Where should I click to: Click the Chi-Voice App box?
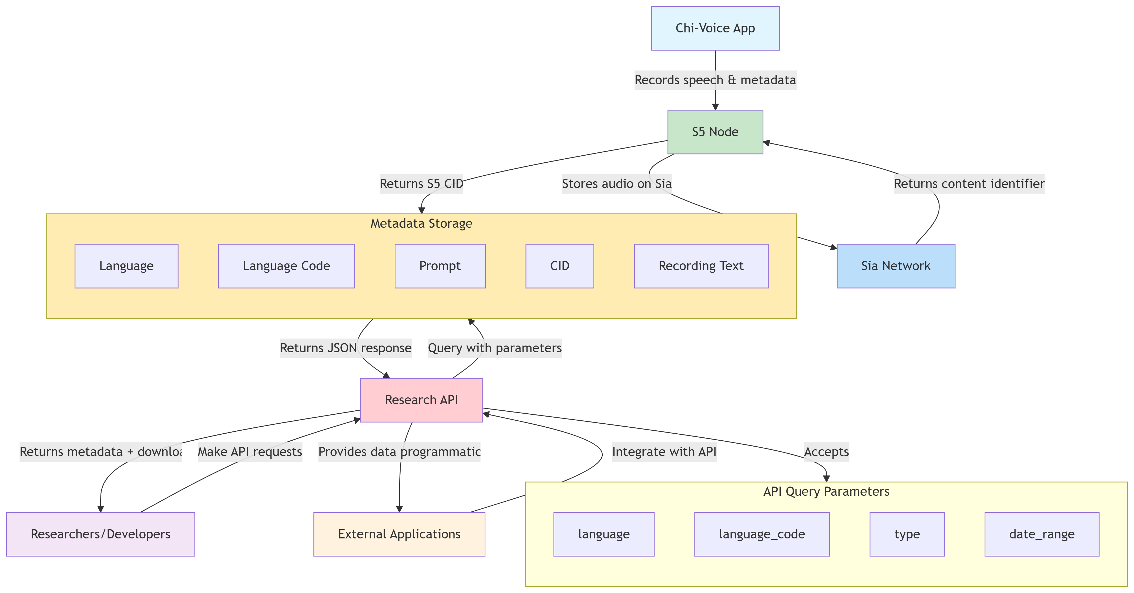(715, 28)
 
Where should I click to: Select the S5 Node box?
(715, 132)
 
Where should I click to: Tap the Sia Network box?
(895, 266)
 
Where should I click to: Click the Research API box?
(421, 400)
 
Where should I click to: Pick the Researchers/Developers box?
(100, 534)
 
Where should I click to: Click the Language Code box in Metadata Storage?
(286, 266)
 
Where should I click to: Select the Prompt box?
(440, 266)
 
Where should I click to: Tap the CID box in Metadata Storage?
(559, 266)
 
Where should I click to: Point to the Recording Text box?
(701, 266)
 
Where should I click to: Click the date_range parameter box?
(1042, 534)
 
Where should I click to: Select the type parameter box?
(907, 534)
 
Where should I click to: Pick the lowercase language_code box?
(761, 534)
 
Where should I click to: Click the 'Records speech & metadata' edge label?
(715, 80)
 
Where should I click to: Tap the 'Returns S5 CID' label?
(421, 184)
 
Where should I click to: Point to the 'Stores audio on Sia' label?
(617, 184)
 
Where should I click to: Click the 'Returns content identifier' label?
(969, 184)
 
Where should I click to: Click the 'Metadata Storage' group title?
(421, 224)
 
